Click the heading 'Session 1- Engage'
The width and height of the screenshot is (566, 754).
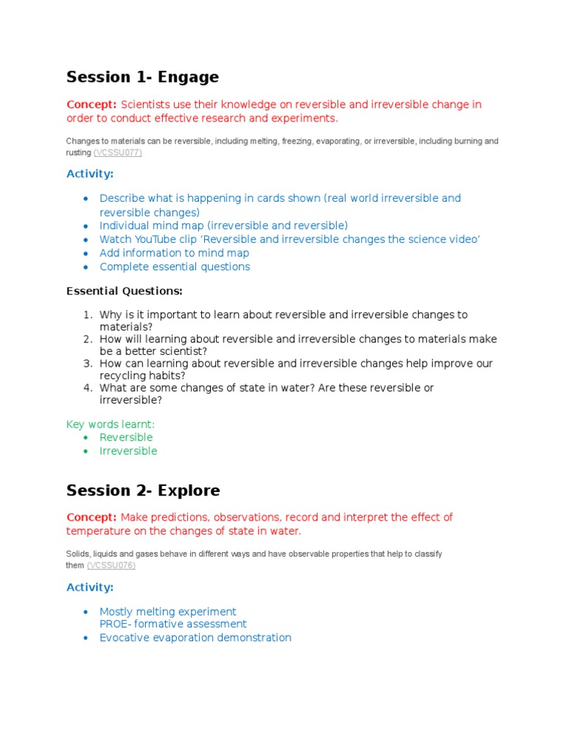pos(142,77)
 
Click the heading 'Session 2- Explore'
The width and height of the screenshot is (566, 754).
pos(143,490)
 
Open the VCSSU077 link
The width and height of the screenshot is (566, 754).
pos(118,152)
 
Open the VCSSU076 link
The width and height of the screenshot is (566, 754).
pos(111,565)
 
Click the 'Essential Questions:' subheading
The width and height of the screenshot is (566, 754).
pos(125,291)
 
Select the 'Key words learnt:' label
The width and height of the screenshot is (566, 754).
pos(111,424)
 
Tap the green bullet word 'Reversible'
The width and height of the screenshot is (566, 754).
pos(126,437)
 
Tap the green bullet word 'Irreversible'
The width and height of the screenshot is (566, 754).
pos(128,451)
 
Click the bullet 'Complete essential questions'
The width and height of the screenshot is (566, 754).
pos(175,267)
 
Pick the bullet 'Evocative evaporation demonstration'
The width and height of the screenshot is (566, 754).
pos(195,638)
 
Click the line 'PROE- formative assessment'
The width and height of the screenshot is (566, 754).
pos(173,624)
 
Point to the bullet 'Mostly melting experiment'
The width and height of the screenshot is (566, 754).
pos(168,611)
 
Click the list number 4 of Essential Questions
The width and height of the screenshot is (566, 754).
pos(87,387)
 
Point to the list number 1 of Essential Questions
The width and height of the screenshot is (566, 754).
pos(87,314)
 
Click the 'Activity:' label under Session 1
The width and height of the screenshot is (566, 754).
pos(90,174)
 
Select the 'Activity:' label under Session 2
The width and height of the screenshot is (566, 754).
pos(90,587)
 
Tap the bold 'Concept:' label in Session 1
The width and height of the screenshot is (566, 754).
pos(92,105)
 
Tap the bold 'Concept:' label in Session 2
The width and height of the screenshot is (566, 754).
pos(92,517)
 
